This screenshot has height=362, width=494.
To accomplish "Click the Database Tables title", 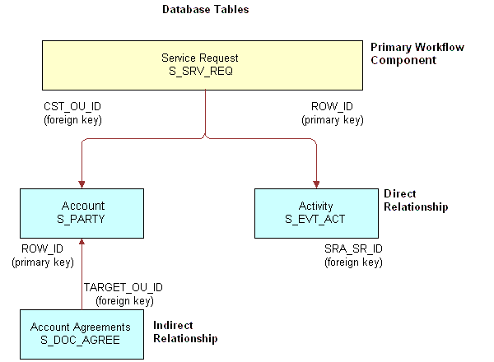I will coord(205,10).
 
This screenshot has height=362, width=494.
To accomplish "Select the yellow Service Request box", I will coord(202,66).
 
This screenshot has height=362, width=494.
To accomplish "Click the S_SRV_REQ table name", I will coord(202,73).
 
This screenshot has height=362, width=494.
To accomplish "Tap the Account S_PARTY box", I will coord(82,211).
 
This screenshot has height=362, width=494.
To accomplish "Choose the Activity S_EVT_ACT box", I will coord(316,211).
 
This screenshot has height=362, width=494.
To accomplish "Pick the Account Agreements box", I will coord(81,333).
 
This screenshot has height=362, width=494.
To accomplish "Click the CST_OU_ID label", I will coord(72,107).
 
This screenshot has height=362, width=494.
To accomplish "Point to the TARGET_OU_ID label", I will coord(123,287).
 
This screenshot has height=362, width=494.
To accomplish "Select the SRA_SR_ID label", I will coord(352,248).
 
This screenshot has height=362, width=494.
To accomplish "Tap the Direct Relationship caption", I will coord(416,200).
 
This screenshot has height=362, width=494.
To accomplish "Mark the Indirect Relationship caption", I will coord(185,332).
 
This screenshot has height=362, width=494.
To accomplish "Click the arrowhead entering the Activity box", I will coord(316,184).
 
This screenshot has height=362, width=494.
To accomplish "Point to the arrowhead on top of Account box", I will coord(82,184).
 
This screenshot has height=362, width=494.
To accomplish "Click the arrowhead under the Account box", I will coord(82,240).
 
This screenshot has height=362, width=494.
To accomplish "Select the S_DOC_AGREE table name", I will coord(81,341).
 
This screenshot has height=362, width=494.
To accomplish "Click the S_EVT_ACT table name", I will coord(316,219).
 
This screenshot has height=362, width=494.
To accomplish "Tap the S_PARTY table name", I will coord(82,219).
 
